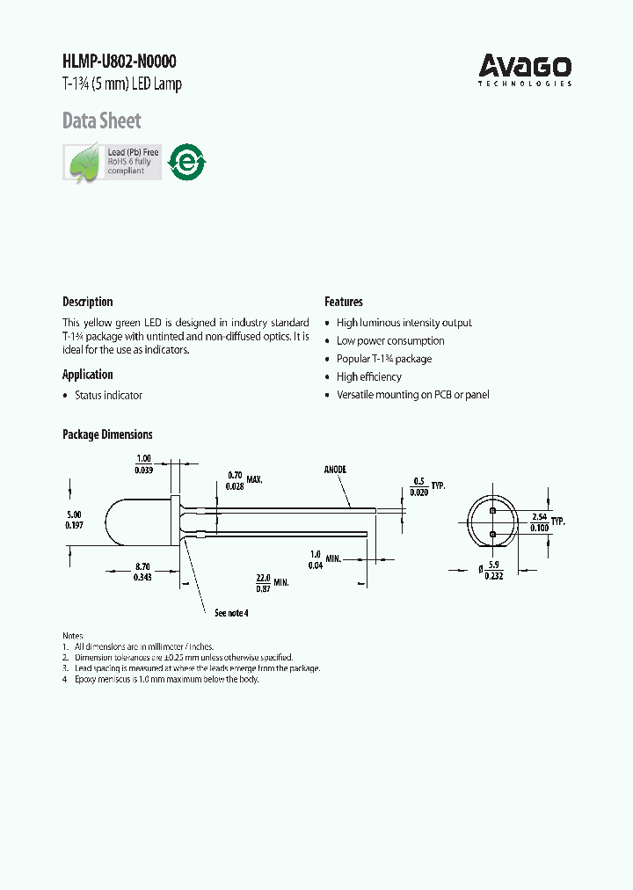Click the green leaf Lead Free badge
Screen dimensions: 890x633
click(x=112, y=162)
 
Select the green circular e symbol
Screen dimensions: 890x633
click(x=186, y=162)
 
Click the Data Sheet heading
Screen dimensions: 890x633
click(x=101, y=120)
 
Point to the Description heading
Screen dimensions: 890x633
click(x=87, y=302)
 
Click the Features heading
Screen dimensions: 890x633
click(x=344, y=302)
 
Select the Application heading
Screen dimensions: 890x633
click(x=87, y=375)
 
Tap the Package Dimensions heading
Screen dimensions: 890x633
click(x=107, y=434)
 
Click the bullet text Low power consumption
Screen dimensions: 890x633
click(x=390, y=341)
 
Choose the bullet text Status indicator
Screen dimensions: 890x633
click(x=108, y=396)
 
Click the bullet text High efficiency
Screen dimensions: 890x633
click(x=368, y=377)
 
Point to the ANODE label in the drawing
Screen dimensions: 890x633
click(x=335, y=470)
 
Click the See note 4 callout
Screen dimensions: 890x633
click(x=231, y=613)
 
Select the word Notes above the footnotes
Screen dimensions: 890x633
click(x=73, y=635)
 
